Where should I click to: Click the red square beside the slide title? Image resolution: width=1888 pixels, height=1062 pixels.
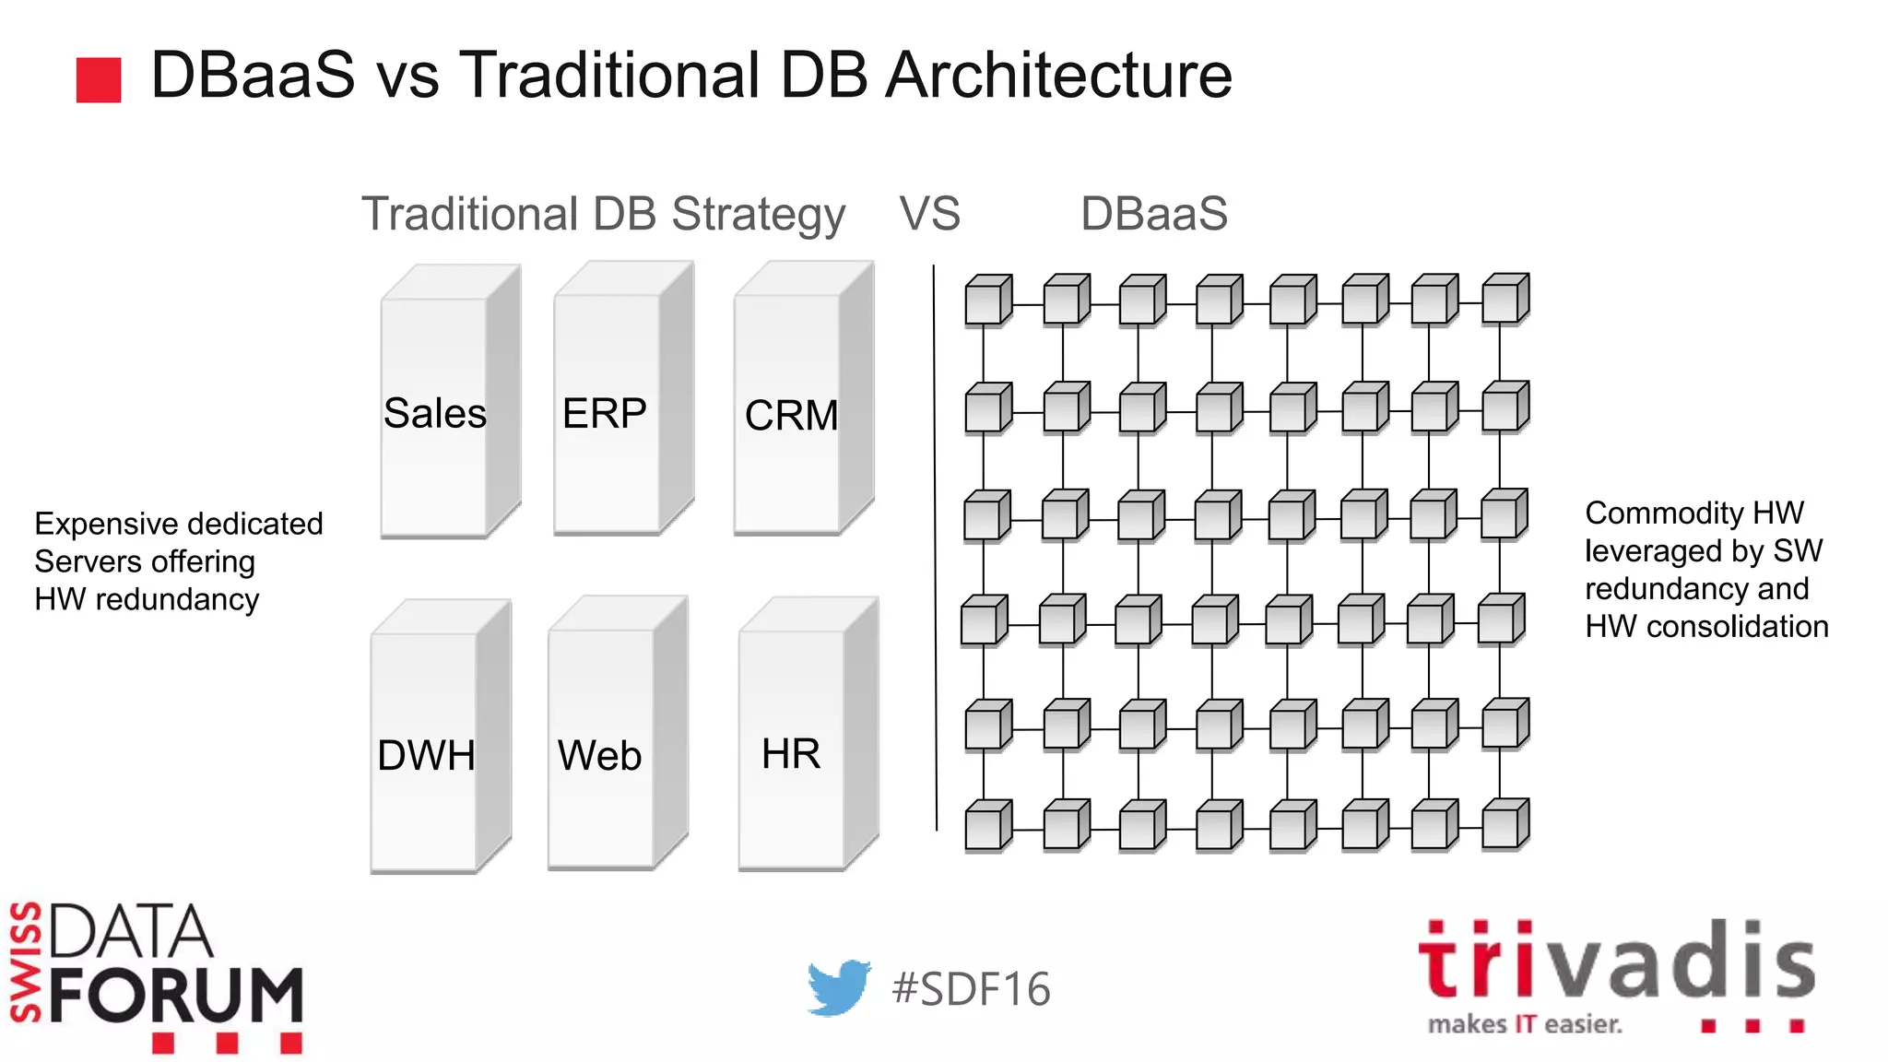click(x=99, y=80)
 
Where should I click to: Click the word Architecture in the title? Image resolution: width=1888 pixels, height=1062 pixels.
click(x=1058, y=76)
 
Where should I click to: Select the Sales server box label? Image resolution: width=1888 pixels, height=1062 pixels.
click(x=434, y=413)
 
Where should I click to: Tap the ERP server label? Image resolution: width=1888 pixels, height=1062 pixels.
click(x=605, y=413)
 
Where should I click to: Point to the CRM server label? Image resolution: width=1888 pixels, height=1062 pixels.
click(x=791, y=416)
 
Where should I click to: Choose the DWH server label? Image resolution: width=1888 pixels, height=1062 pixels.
click(x=426, y=756)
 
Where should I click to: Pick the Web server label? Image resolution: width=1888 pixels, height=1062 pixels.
click(x=599, y=756)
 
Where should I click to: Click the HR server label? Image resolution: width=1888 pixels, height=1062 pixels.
click(x=791, y=754)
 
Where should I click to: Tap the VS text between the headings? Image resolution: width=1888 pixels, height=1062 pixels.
click(x=929, y=214)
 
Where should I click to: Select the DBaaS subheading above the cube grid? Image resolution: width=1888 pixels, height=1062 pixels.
click(x=1153, y=214)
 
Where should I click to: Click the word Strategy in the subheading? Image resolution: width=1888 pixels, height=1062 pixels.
click(x=758, y=216)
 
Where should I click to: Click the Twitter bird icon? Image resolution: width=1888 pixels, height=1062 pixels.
click(x=838, y=987)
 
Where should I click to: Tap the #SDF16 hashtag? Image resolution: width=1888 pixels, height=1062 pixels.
click(x=971, y=989)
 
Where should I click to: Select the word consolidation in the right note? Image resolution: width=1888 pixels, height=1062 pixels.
click(x=1737, y=627)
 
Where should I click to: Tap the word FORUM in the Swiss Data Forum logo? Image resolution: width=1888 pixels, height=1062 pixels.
click(x=176, y=997)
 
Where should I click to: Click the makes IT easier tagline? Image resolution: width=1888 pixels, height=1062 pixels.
click(x=1525, y=1024)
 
